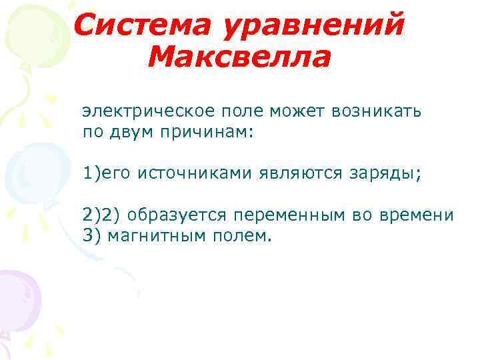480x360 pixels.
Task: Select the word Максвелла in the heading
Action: [x=239, y=59]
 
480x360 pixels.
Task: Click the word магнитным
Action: [x=159, y=237]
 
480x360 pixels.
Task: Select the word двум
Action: [x=129, y=131]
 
